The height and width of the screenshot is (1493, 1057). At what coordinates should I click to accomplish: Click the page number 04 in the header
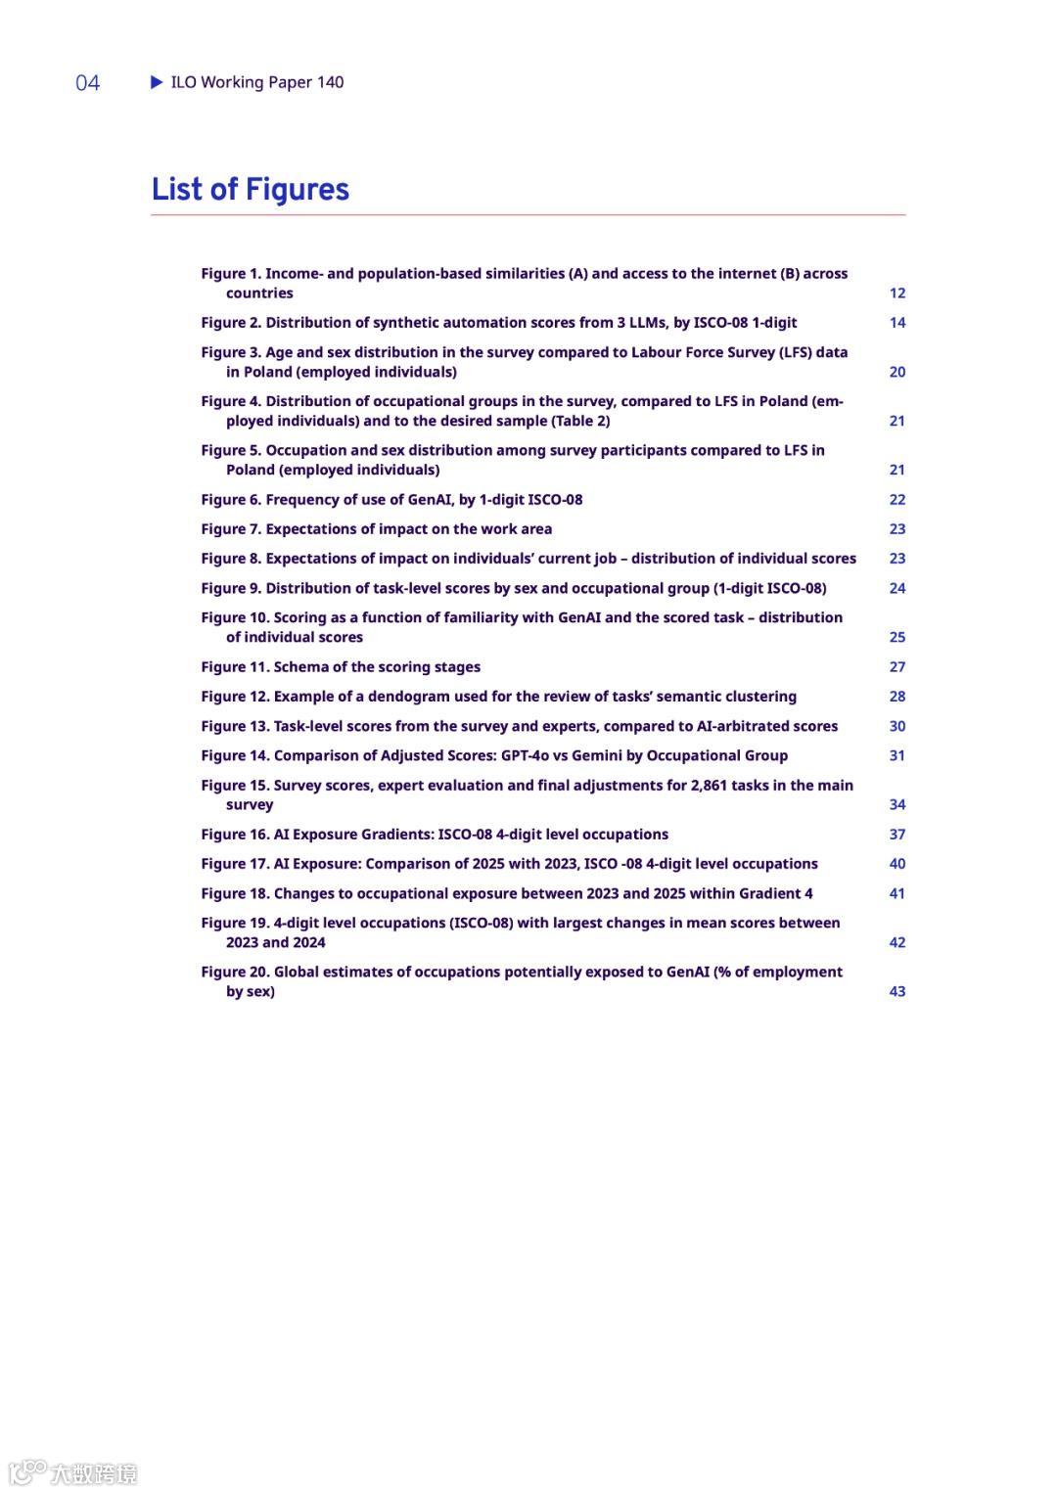[x=88, y=83]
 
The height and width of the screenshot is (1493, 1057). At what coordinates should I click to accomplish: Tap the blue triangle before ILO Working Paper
[x=157, y=82]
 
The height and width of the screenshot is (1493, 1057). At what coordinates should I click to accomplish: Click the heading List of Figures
[x=251, y=189]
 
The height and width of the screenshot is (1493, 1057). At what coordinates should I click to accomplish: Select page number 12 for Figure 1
[x=897, y=294]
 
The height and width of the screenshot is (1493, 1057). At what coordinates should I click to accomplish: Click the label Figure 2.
[x=231, y=323]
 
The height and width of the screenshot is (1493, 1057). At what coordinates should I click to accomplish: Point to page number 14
[x=897, y=323]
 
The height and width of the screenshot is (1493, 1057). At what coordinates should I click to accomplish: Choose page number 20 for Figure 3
[x=897, y=372]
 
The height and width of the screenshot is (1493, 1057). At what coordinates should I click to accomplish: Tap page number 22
[x=897, y=500]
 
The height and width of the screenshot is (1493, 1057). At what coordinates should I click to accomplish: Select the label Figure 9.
[x=231, y=588]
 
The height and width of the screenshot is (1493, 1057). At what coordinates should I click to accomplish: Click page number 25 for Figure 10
[x=897, y=637]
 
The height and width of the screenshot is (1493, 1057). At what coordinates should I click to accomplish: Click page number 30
[x=897, y=726]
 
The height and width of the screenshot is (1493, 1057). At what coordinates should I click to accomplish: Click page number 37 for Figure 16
[x=897, y=835]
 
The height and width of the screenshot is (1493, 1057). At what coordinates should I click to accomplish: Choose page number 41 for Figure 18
[x=897, y=893]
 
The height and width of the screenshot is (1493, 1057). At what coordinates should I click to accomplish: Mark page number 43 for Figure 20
[x=897, y=991]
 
